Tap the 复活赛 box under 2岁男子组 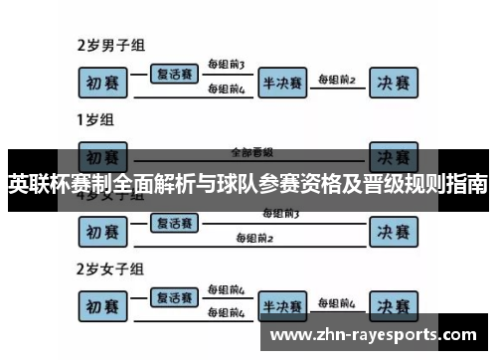pyautogui.click(x=173, y=72)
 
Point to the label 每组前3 pyautogui.click(x=227, y=65)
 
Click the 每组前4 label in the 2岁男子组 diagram pyautogui.click(x=227, y=90)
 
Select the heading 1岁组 pyautogui.click(x=95, y=122)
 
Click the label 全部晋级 pyautogui.click(x=251, y=152)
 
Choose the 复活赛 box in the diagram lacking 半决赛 pyautogui.click(x=173, y=223)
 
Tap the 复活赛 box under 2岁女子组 pyautogui.click(x=173, y=296)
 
